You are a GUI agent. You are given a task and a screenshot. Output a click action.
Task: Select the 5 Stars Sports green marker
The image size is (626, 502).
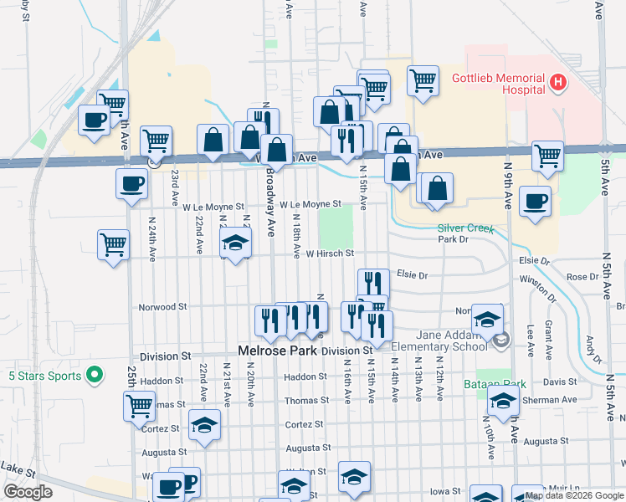click(95, 374)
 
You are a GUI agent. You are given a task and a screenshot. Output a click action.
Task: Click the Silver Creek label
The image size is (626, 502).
click(466, 228)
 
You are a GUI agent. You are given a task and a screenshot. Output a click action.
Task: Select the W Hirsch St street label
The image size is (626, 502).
click(330, 254)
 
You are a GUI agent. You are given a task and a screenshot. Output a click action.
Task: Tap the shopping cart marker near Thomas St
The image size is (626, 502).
click(139, 405)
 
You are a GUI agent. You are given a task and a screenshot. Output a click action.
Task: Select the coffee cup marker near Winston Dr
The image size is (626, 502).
click(536, 201)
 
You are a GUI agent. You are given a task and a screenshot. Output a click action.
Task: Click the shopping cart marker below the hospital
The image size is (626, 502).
click(547, 155)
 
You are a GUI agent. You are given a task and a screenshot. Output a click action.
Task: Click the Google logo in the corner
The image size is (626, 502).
click(28, 492)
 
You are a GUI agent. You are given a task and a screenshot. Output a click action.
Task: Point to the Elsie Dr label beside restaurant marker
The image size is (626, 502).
click(412, 274)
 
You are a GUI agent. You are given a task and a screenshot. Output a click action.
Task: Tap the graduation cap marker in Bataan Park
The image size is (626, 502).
click(503, 399)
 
